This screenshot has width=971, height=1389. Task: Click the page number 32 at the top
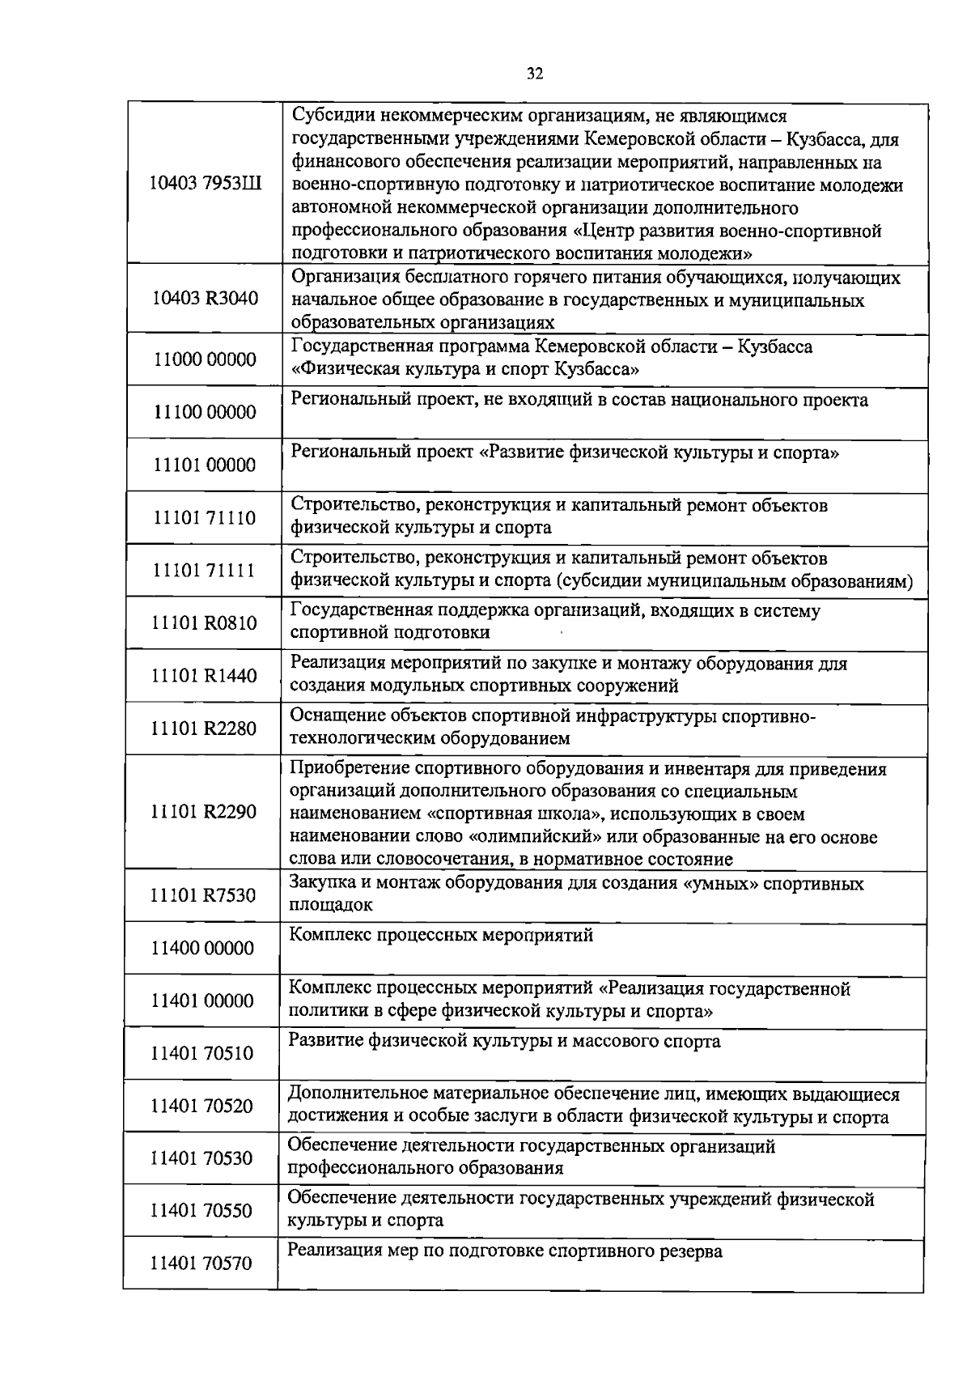[534, 74]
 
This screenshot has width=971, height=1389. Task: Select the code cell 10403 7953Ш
[206, 183]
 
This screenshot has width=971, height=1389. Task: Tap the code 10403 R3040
[206, 299]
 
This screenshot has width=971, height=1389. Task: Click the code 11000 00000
[205, 359]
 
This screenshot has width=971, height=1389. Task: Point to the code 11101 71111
[204, 571]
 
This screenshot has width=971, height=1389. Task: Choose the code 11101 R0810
[204, 623]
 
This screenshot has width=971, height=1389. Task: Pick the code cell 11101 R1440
[204, 676]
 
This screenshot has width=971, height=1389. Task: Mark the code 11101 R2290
[204, 812]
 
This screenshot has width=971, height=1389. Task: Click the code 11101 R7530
[204, 895]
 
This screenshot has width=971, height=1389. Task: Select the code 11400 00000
[203, 948]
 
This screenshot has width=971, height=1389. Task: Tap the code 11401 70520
[202, 1106]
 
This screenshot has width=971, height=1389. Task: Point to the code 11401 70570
[201, 1264]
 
